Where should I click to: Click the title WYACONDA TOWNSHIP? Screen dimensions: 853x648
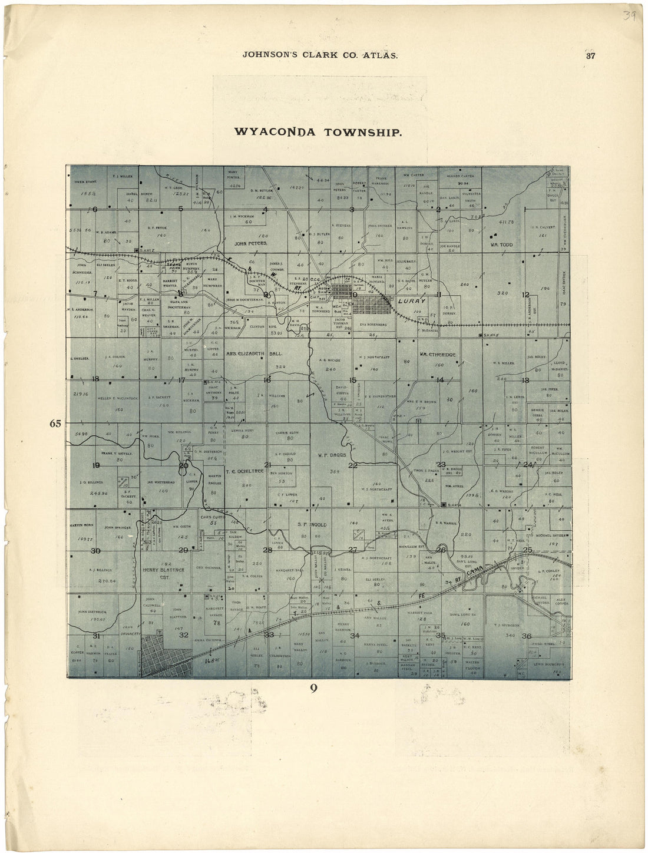tap(318, 131)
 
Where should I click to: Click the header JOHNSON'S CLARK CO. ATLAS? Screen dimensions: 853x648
tap(320, 55)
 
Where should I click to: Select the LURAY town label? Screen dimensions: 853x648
tap(411, 300)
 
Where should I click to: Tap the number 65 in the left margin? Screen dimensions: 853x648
tap(55, 423)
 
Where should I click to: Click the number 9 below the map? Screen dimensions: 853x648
tap(314, 687)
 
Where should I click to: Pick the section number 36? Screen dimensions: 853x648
tap(527, 636)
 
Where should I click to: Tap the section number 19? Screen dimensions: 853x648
tap(95, 465)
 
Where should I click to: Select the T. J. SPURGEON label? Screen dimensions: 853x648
tap(506, 626)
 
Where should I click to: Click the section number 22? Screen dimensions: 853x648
tap(352, 465)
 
